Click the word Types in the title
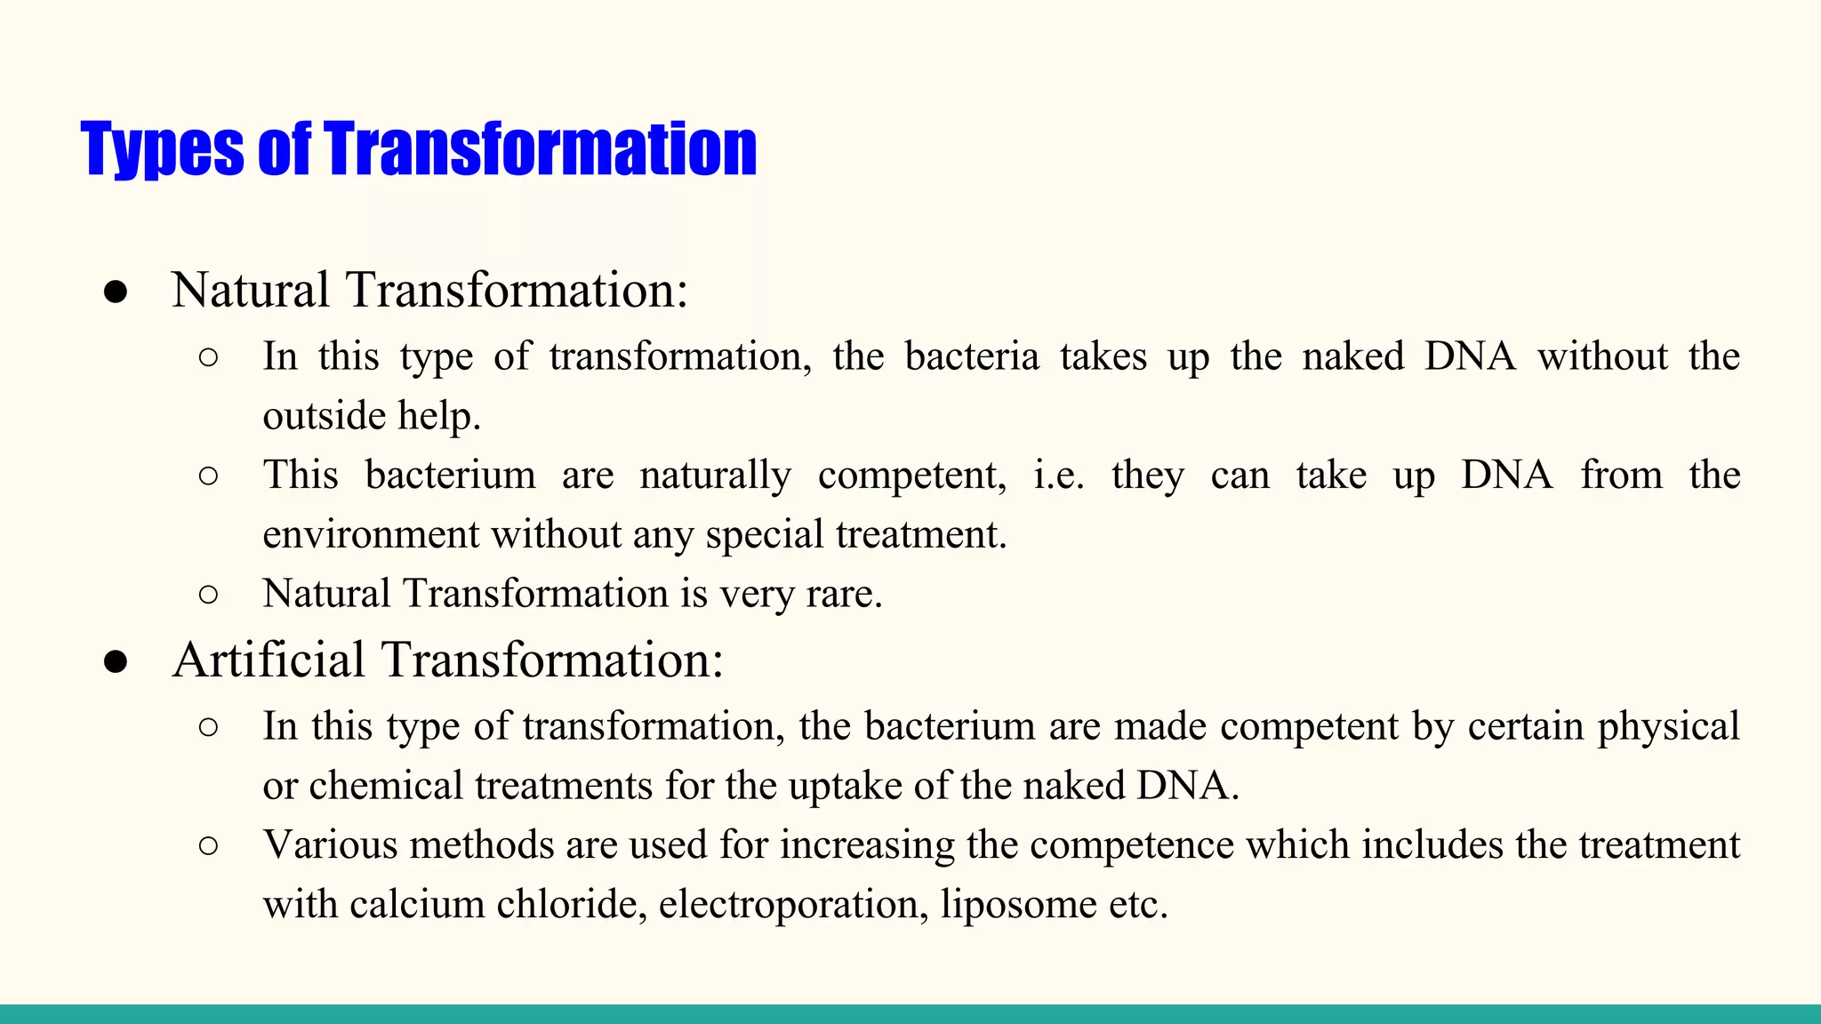click(161, 149)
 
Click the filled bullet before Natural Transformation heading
click(116, 292)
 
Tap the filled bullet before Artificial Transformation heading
click(116, 662)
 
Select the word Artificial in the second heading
click(269, 660)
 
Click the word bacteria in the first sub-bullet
click(972, 356)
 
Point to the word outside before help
click(324, 416)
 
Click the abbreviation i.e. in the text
click(1058, 476)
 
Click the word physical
click(1667, 727)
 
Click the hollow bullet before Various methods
click(208, 845)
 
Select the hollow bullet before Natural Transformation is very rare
click(208, 594)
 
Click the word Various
click(330, 845)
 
